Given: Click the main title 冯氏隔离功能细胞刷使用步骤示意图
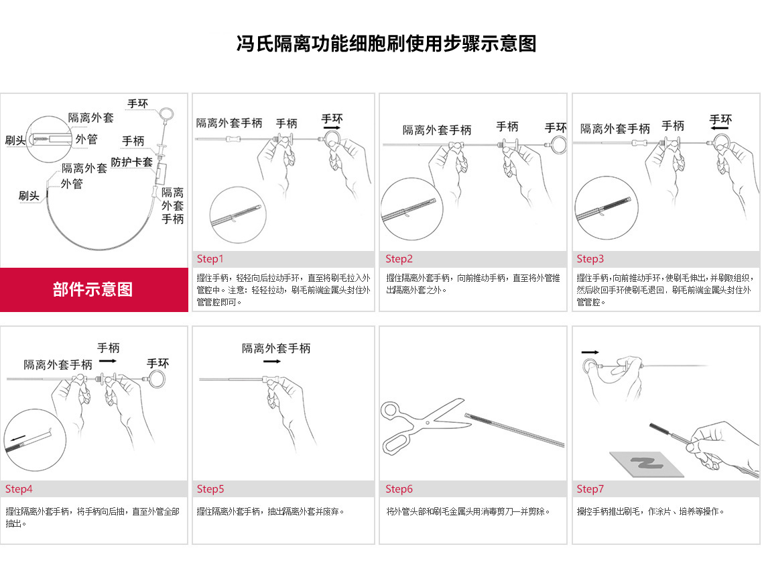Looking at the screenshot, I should click(387, 44).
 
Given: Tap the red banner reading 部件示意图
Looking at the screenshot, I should click(93, 289).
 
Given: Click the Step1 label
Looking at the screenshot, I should click(210, 259).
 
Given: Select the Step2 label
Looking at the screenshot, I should click(399, 259).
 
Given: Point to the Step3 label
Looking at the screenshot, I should click(590, 259).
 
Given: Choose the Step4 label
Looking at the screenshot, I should click(19, 489).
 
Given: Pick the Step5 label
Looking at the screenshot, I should click(210, 489).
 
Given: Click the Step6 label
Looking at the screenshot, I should click(399, 489).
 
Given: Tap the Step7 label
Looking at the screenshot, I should click(590, 489).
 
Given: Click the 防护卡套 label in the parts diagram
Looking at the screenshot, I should click(132, 162).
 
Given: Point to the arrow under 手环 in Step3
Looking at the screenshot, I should click(720, 127).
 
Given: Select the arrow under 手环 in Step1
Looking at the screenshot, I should click(331, 127).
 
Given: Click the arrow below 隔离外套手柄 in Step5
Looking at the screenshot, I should click(272, 362).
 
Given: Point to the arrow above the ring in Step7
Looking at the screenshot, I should click(590, 352).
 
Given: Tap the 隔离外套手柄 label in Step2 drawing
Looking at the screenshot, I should click(437, 130).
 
